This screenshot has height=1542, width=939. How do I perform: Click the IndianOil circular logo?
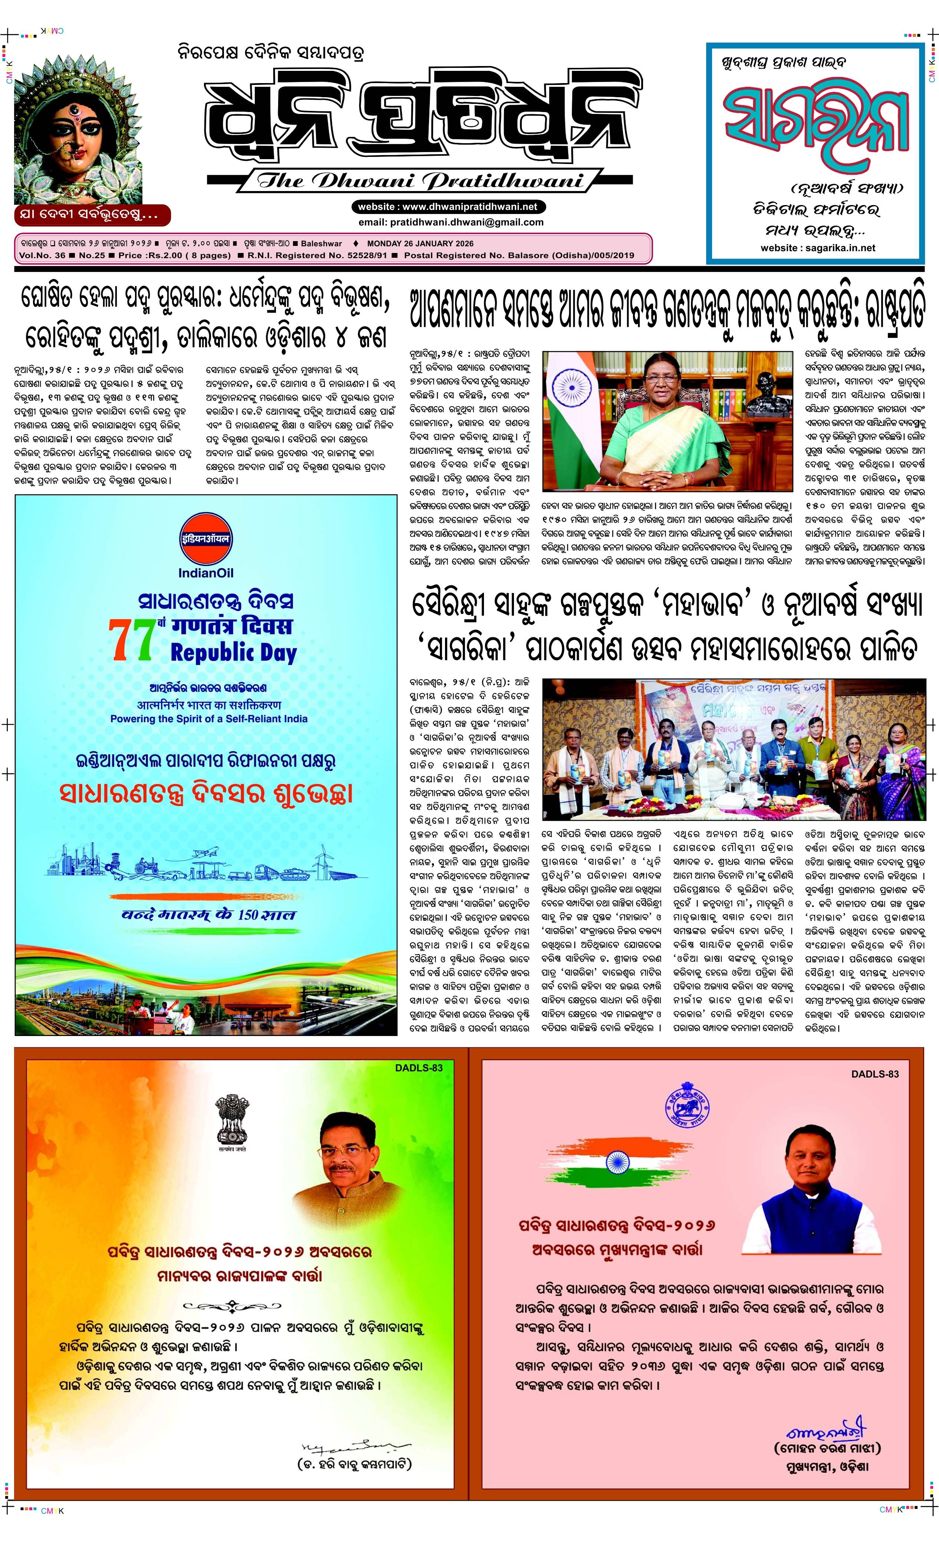click(x=205, y=539)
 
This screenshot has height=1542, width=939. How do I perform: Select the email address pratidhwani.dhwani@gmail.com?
click(x=451, y=222)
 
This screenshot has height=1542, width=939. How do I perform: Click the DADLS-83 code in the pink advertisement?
click(x=874, y=1074)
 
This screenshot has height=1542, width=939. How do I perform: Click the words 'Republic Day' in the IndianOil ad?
click(x=233, y=653)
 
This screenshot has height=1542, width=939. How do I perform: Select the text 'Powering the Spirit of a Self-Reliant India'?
click(x=209, y=719)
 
